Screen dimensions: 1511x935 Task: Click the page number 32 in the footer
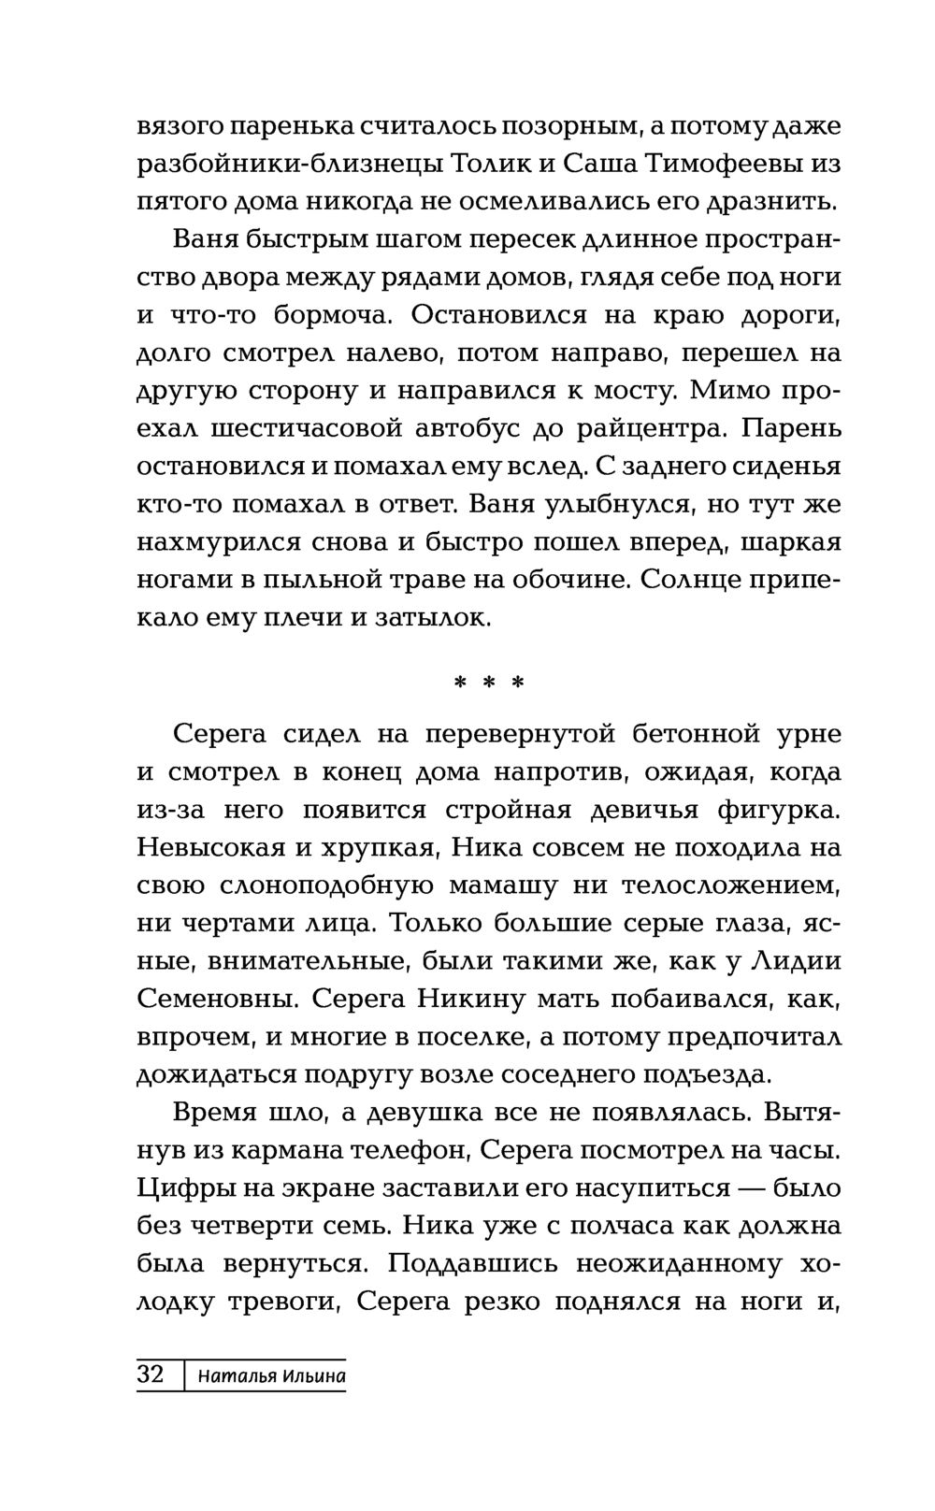pyautogui.click(x=151, y=1375)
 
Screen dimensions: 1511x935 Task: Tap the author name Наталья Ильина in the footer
pyautogui.click(x=271, y=1376)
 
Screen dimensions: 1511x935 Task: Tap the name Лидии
pyautogui.click(x=803, y=960)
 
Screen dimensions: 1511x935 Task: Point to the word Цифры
pyautogui.click(x=181, y=1188)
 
